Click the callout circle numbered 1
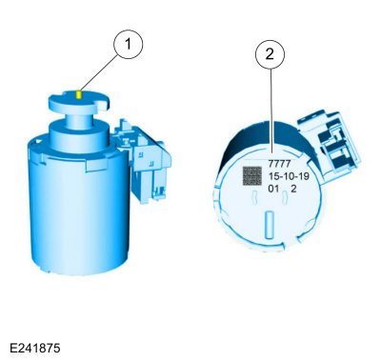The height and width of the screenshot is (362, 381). point(129,44)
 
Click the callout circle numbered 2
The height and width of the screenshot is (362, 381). point(270,54)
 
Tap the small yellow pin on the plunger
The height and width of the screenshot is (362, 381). point(79,94)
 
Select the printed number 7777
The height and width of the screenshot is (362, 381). point(279,164)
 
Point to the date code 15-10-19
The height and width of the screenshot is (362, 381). point(289,176)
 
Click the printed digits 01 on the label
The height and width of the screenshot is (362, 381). point(273,189)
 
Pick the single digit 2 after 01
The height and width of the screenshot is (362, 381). point(293,189)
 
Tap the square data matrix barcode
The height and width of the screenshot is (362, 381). point(252,176)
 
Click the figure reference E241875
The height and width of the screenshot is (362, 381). point(35,349)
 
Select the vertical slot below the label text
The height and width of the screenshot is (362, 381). point(270,225)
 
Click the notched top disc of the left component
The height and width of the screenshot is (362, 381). point(79,102)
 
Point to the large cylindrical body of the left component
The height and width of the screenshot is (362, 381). point(79,207)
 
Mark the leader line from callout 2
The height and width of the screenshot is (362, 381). point(271,111)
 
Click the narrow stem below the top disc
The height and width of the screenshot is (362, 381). point(79,119)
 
